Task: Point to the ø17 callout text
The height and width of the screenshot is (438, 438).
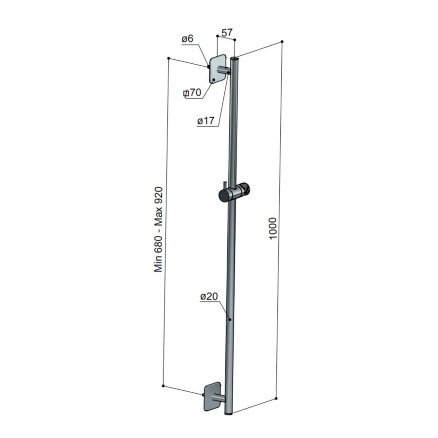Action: point(206,122)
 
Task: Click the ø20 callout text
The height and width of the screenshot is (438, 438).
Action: point(208,296)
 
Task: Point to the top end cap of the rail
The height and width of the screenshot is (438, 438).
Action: point(236,59)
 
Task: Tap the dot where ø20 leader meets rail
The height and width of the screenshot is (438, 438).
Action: point(230,319)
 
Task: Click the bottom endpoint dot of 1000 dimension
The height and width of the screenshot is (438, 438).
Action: point(276,399)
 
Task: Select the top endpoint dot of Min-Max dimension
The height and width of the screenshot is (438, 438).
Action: point(168,59)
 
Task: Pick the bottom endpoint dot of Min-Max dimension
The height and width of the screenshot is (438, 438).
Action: point(163,386)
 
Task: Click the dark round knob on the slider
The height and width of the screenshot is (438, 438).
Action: point(223,196)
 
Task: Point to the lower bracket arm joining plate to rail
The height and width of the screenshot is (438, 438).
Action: point(219,399)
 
